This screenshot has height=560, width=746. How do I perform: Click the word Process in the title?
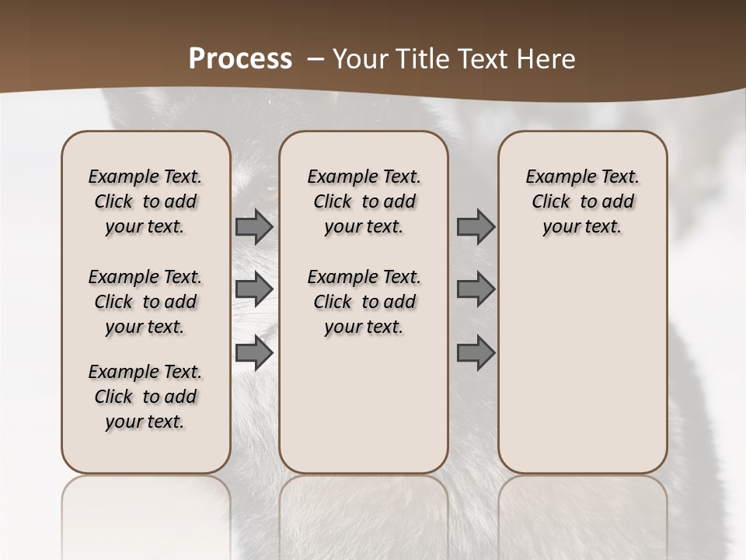[240, 59]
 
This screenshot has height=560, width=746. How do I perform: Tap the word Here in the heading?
[547, 59]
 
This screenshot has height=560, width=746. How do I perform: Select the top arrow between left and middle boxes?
[254, 227]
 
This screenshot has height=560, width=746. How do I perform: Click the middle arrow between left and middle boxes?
[254, 289]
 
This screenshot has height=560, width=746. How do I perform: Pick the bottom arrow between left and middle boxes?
[254, 353]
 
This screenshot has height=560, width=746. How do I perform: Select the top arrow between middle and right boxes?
[476, 227]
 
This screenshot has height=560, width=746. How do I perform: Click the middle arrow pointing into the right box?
[476, 289]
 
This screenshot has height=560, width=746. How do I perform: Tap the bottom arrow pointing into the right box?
[476, 353]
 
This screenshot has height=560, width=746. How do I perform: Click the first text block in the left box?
[145, 201]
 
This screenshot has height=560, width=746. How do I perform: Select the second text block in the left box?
[145, 302]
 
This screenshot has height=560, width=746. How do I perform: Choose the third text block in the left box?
[145, 397]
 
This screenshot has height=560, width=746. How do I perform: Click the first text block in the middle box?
[364, 201]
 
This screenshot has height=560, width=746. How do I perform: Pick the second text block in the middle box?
[364, 302]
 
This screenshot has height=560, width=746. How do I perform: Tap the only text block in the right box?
[583, 201]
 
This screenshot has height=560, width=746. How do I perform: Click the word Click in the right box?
[551, 202]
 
